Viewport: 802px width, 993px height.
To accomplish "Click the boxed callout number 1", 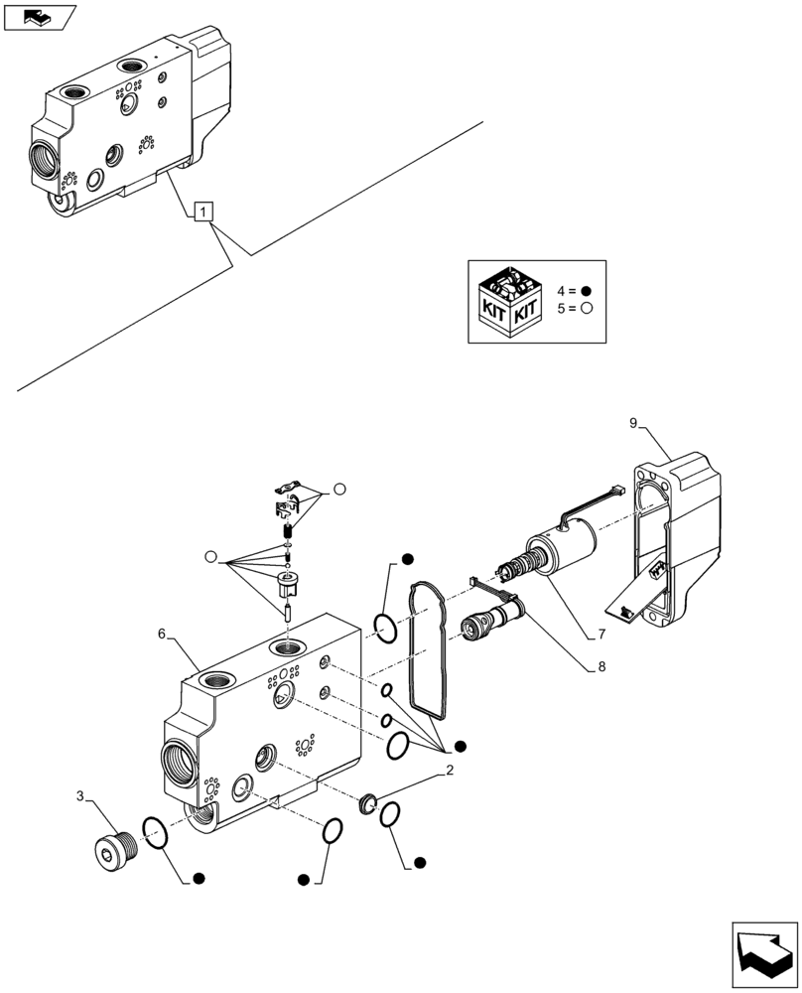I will point(203,211).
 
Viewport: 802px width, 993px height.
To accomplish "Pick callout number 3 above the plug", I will point(82,794).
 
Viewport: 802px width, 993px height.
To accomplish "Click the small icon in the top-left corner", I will point(40,15).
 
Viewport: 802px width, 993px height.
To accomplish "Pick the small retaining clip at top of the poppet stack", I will point(286,487).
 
